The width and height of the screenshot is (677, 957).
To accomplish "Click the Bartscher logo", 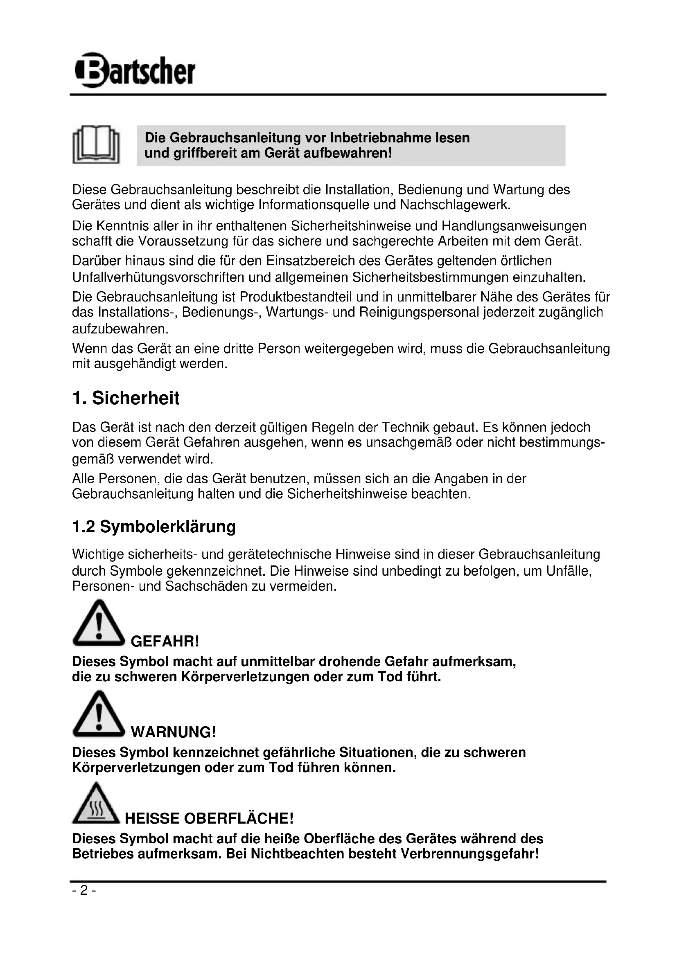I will (134, 70).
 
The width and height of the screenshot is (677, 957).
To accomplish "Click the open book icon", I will (96, 144).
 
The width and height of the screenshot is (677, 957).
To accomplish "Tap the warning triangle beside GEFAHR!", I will (99, 624).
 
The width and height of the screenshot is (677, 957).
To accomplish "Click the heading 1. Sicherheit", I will (126, 398).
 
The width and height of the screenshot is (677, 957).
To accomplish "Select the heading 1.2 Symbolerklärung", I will (154, 527).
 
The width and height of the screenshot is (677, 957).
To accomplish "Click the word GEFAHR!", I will (165, 641).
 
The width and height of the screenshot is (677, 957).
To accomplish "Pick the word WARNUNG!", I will (174, 732).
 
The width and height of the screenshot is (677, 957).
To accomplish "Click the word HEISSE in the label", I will (152, 818).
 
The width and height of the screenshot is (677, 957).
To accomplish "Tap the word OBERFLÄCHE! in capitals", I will (239, 818).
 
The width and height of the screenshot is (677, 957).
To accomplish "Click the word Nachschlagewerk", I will (455, 205).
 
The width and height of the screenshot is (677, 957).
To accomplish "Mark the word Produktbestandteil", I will (296, 297).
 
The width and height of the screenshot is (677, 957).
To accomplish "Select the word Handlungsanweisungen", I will (514, 226).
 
